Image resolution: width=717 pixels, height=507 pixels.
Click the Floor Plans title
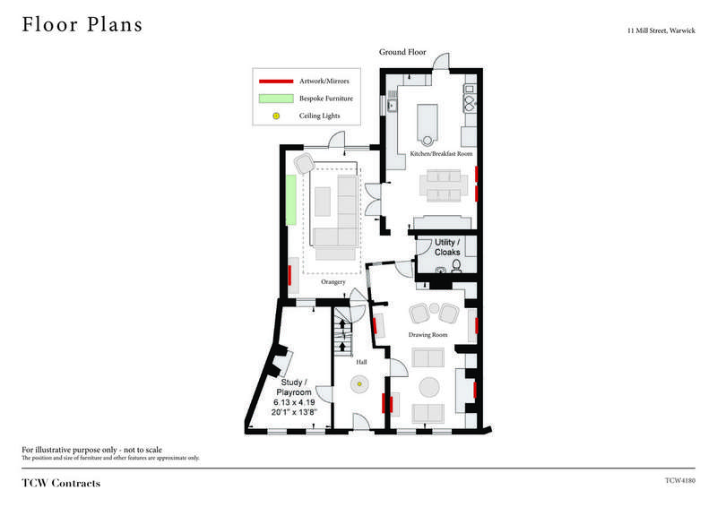[82, 25]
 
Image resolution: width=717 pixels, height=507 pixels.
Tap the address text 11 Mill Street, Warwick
[661, 30]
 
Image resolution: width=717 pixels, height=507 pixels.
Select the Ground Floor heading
[402, 52]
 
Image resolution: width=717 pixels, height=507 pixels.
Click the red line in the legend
[276, 82]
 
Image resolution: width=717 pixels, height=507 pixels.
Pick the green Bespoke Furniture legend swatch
[276, 99]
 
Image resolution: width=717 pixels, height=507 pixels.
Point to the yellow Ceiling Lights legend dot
[276, 116]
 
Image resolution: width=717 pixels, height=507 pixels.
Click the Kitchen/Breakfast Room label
[441, 153]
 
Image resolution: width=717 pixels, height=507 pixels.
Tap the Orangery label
[333, 282]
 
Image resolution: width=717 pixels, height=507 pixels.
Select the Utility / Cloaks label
[447, 247]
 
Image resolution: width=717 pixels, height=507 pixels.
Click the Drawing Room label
[428, 335]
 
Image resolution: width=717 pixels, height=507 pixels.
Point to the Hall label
[361, 362]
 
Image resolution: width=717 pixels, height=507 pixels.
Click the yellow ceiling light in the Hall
[359, 384]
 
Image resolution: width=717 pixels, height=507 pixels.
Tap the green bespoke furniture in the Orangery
[290, 200]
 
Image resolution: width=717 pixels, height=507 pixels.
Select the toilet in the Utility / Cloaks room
[456, 266]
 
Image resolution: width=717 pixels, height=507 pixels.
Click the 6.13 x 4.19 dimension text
[294, 402]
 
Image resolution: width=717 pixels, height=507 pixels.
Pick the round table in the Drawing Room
[429, 387]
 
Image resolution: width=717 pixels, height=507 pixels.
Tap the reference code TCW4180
[680, 480]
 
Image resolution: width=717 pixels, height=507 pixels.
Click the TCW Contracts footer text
[61, 483]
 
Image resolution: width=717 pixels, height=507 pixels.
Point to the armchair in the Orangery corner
[305, 164]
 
